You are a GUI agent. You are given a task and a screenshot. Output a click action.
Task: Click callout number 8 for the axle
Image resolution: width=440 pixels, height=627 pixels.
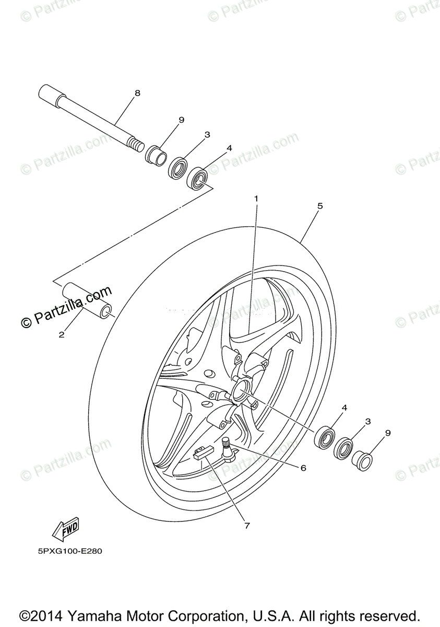(x=137, y=93)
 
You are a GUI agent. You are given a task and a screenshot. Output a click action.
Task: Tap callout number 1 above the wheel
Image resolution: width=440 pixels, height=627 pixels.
(x=256, y=199)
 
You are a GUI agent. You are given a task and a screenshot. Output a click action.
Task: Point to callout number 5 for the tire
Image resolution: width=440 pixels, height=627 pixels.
(x=320, y=206)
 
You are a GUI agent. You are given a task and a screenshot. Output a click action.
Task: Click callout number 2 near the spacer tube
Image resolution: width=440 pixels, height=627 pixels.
(x=62, y=335)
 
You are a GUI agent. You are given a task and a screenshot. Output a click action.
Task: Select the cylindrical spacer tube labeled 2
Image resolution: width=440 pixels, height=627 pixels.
(x=88, y=301)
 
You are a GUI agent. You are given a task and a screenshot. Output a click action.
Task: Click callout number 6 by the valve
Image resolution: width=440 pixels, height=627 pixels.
(x=303, y=468)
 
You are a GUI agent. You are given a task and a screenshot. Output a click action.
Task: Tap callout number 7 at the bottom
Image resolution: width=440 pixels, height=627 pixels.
(x=247, y=526)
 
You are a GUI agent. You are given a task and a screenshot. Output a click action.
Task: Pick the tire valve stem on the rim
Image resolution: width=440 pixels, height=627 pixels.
(x=227, y=450)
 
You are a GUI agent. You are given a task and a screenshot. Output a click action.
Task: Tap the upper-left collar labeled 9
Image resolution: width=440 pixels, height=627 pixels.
(x=155, y=155)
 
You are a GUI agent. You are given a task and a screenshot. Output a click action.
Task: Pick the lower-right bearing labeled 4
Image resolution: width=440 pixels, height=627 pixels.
(x=326, y=436)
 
